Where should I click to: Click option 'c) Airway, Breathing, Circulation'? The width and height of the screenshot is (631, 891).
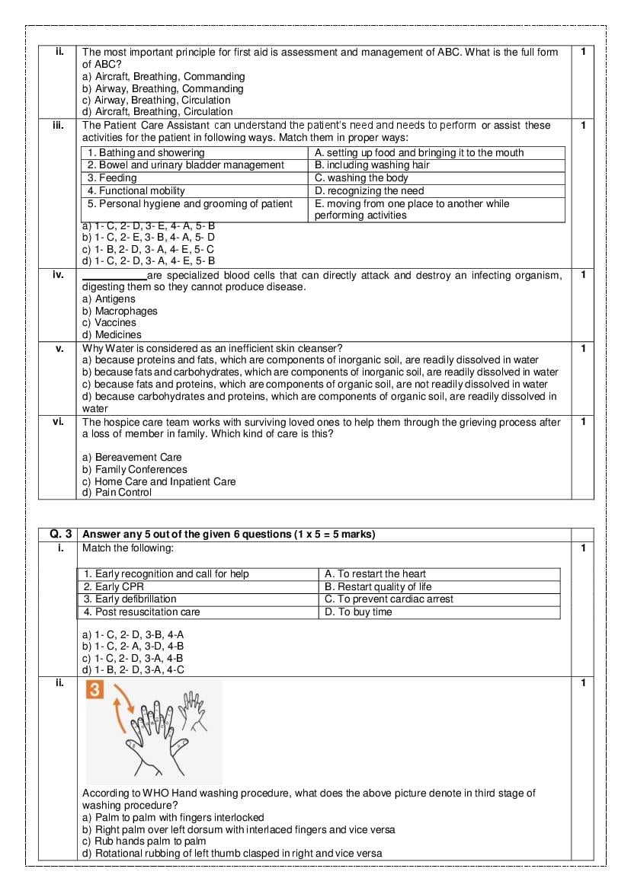tap(156, 100)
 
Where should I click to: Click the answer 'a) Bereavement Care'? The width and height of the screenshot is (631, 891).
tap(132, 457)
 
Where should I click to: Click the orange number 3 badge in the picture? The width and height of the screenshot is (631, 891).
tap(95, 691)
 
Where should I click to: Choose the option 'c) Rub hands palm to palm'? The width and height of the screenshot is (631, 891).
tap(144, 841)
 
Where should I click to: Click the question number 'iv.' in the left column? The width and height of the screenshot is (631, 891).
tap(58, 275)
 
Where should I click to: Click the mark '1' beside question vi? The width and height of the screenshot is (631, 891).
tap(583, 421)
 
